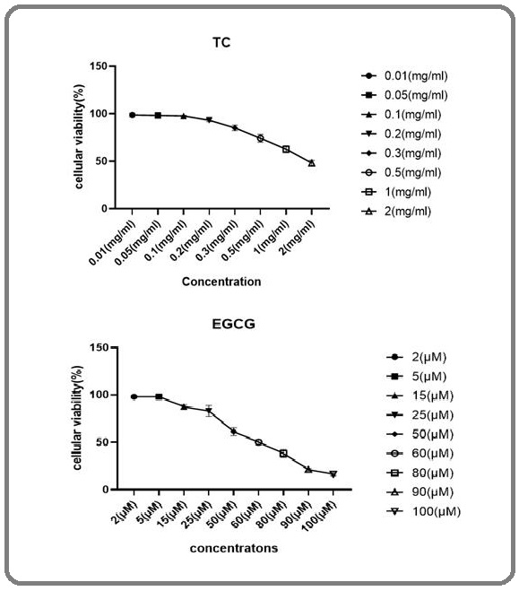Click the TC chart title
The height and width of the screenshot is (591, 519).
(x=221, y=42)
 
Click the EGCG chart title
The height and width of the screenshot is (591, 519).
(x=234, y=324)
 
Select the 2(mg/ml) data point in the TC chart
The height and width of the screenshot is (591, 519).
(x=311, y=163)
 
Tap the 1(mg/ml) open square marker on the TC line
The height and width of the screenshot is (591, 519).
(x=286, y=149)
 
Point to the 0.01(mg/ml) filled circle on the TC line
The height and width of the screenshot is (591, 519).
(x=132, y=115)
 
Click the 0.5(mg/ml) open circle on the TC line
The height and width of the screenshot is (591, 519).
(x=260, y=138)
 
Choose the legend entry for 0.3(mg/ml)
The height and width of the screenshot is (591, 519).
(x=401, y=153)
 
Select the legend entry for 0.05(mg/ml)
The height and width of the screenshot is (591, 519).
(x=404, y=95)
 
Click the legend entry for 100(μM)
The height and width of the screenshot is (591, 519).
(x=423, y=511)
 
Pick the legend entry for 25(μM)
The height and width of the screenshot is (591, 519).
(x=420, y=415)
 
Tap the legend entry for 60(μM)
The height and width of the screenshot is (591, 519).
(x=420, y=454)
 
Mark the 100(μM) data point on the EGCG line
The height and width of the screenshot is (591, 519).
(x=333, y=474)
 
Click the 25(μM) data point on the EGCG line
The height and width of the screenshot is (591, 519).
(x=209, y=411)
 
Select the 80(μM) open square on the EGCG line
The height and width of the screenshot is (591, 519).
(x=283, y=453)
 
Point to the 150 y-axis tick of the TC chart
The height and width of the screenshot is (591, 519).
(x=99, y=66)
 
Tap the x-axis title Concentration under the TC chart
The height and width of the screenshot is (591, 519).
(x=221, y=282)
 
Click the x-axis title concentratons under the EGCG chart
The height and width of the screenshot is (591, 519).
(x=234, y=548)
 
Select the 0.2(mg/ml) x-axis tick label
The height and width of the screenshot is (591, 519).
(x=190, y=241)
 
